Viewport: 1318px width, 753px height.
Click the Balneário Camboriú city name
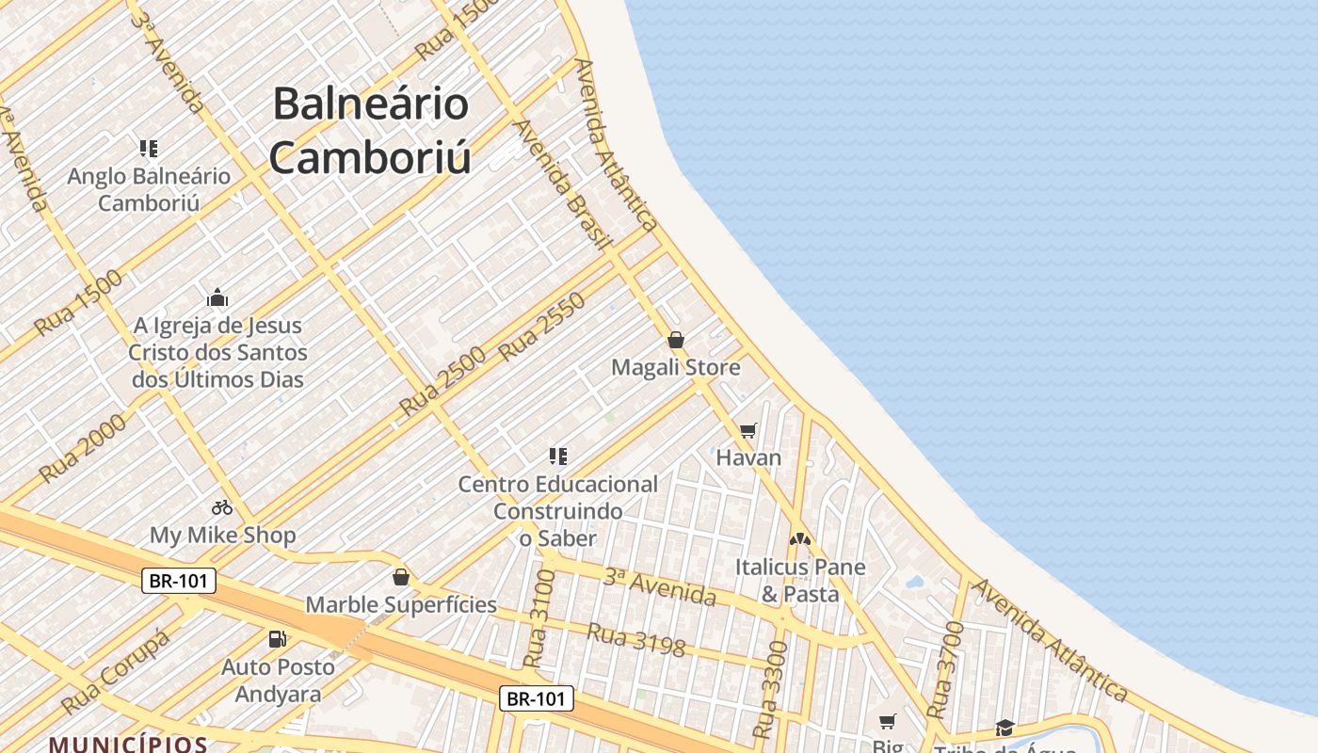[x=370, y=130]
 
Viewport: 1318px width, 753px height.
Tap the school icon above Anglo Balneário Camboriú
[x=149, y=148]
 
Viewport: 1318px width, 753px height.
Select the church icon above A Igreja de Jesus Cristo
[x=217, y=298]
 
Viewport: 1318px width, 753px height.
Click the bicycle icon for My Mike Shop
[x=222, y=507]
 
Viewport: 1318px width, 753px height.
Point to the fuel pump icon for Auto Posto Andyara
[x=278, y=639]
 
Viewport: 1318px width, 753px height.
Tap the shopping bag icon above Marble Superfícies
[x=401, y=576]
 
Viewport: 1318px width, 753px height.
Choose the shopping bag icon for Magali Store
[x=676, y=340]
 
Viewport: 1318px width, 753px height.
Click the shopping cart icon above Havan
[x=748, y=430]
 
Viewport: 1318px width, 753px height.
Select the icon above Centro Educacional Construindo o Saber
[x=558, y=457]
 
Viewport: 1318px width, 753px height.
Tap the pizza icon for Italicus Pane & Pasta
[x=800, y=539]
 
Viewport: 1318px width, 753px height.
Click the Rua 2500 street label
[x=442, y=382]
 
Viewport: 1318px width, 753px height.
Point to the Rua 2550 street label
[x=542, y=327]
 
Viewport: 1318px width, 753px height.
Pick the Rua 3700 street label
[x=945, y=669]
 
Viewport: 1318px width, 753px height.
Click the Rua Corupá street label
[x=117, y=671]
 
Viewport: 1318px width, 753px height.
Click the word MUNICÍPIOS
[x=128, y=744]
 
